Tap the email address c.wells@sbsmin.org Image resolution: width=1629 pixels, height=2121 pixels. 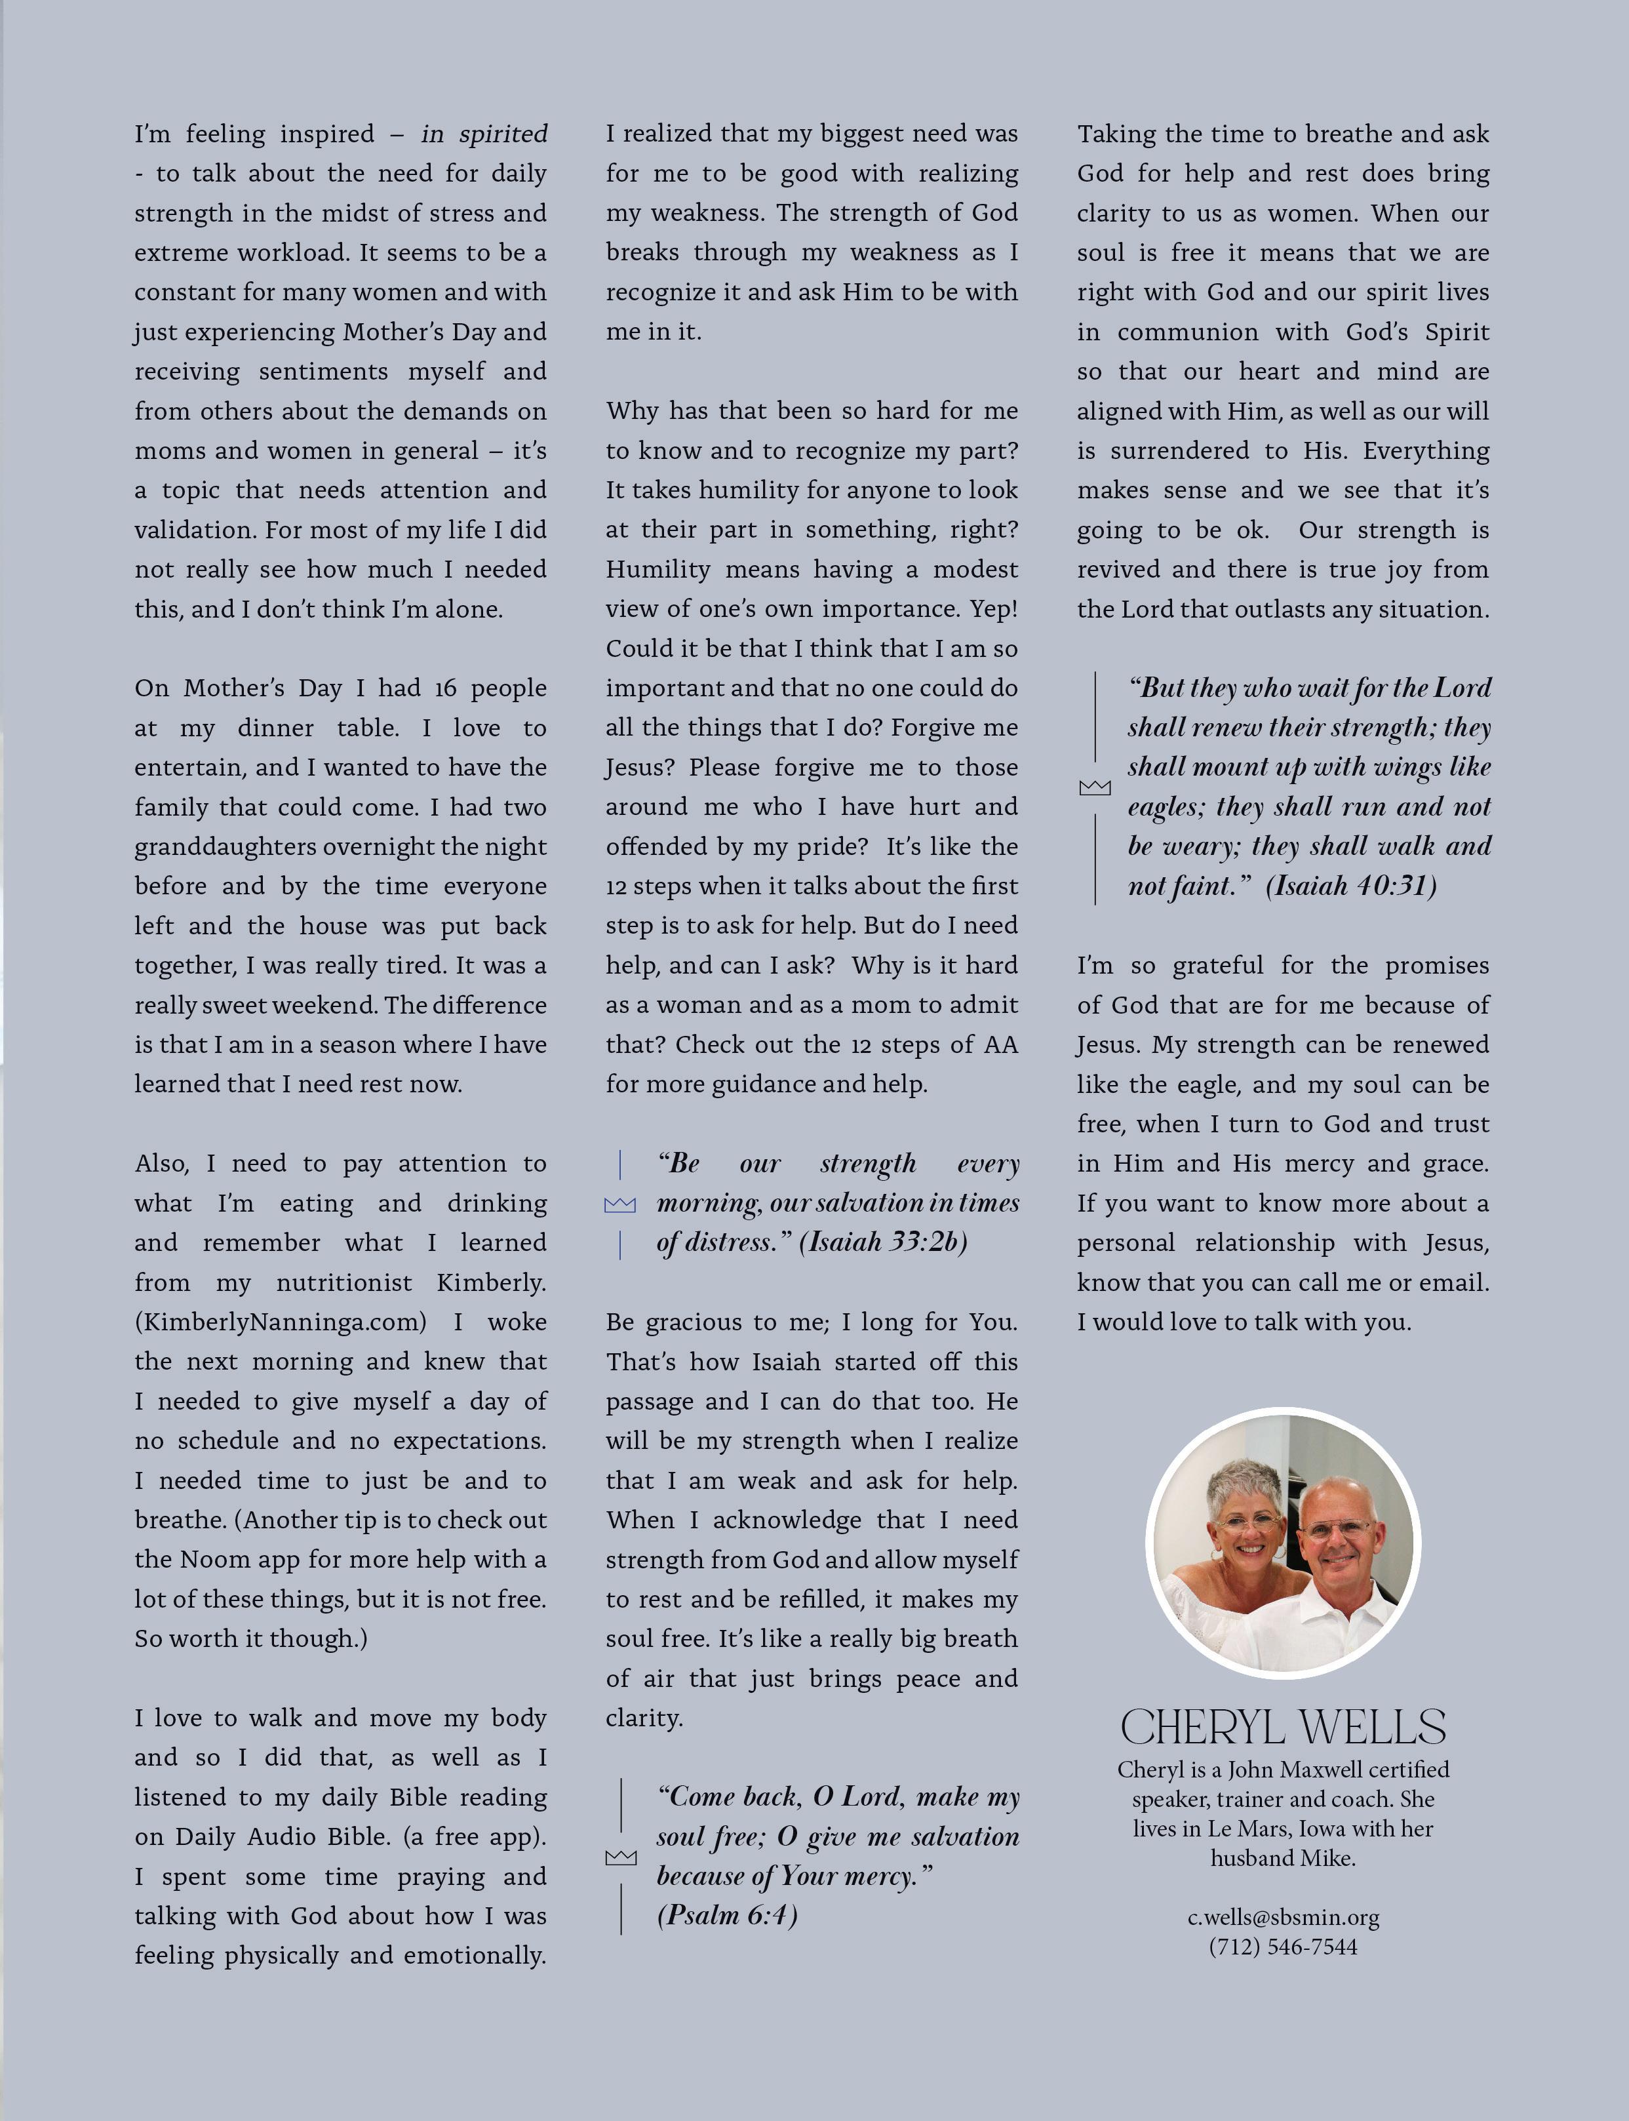[1283, 1917]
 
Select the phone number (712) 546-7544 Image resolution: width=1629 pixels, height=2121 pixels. [1283, 1947]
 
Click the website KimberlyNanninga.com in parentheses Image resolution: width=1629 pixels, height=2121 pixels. [281, 1322]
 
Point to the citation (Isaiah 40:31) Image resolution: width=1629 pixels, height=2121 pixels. [1350, 886]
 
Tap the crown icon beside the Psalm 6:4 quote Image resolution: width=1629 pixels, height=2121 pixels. [621, 1857]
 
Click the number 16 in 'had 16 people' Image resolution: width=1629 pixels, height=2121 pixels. [445, 688]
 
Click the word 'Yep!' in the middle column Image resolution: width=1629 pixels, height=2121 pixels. [993, 609]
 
